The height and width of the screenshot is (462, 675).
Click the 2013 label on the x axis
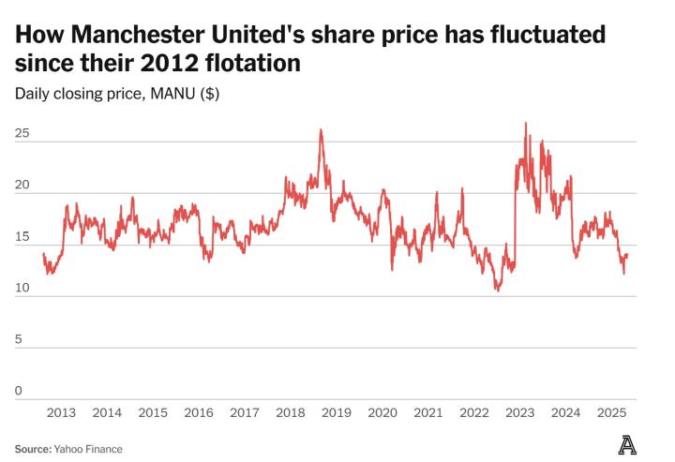pyautogui.click(x=61, y=412)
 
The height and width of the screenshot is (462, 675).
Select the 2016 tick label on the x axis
pyautogui.click(x=199, y=412)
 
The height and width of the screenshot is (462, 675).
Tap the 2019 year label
pyautogui.click(x=336, y=412)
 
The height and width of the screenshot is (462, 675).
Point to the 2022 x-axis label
pyautogui.click(x=473, y=412)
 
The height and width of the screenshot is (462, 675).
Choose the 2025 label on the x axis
pyautogui.click(x=611, y=412)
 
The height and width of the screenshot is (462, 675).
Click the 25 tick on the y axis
pyautogui.click(x=22, y=134)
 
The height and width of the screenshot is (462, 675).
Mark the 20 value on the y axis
pyautogui.click(x=22, y=186)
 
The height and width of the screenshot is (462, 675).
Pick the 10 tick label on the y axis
pyautogui.click(x=22, y=289)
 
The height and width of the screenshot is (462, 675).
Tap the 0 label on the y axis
pyautogui.click(x=18, y=391)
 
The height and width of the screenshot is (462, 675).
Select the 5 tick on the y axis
pyautogui.click(x=18, y=339)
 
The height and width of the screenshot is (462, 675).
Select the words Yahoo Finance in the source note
pyautogui.click(x=90, y=449)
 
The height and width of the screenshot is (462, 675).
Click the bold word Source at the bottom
pyautogui.click(x=33, y=449)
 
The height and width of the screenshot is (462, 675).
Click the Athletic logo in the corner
pyautogui.click(x=627, y=445)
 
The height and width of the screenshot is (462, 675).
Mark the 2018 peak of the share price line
pyautogui.click(x=321, y=130)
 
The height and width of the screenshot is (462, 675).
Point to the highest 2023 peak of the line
pyautogui.click(x=526, y=123)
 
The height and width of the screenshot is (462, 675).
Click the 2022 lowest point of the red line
pyautogui.click(x=498, y=291)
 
